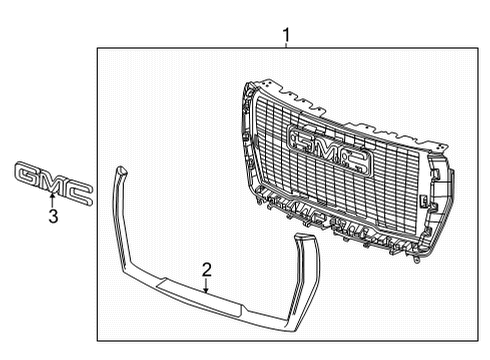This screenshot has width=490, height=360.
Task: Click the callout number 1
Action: (x=287, y=36)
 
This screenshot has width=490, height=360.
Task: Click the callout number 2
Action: (x=205, y=269)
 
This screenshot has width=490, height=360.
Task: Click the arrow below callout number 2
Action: (x=205, y=286)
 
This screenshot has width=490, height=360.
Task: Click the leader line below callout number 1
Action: (x=287, y=48)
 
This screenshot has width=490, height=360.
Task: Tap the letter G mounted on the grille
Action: (x=300, y=140)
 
